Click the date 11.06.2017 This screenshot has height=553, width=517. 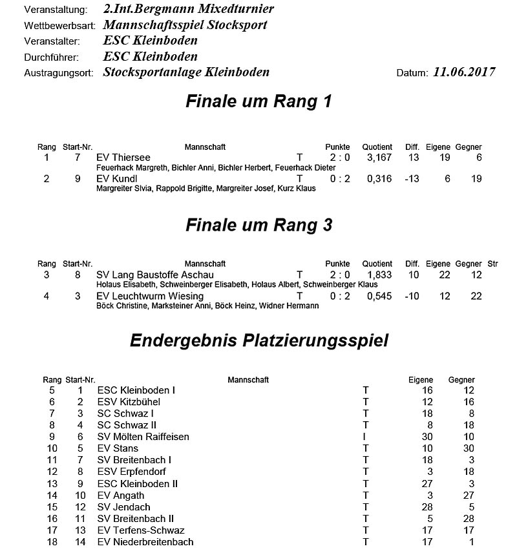click(x=464, y=72)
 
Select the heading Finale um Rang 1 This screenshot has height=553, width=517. click(x=258, y=102)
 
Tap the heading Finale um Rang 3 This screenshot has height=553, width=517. click(x=258, y=225)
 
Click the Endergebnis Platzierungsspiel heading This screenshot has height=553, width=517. click(x=259, y=340)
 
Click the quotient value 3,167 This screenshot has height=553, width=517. click(x=379, y=158)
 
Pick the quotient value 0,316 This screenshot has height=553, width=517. click(x=379, y=179)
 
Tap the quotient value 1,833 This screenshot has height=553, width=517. click(x=379, y=275)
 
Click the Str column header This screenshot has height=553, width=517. click(x=492, y=264)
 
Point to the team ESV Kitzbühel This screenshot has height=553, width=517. click(x=129, y=402)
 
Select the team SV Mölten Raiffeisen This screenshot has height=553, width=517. click(x=143, y=437)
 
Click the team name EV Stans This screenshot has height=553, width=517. click(x=118, y=448)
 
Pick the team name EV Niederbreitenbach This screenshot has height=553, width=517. click(x=145, y=541)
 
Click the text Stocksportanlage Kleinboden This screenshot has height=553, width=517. click(x=186, y=72)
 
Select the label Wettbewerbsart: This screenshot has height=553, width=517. click(x=59, y=26)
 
